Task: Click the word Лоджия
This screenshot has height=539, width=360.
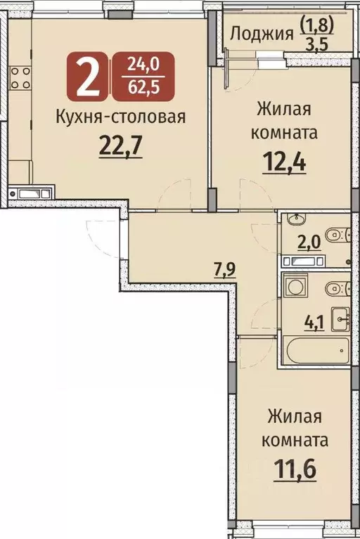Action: pyautogui.click(x=261, y=34)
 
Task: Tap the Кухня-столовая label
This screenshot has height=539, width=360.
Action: pyautogui.click(x=120, y=117)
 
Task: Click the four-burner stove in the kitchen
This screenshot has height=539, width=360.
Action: pyautogui.click(x=20, y=77)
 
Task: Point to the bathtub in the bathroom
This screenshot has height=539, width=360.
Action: pyautogui.click(x=316, y=349)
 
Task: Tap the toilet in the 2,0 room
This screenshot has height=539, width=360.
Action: pyautogui.click(x=335, y=233)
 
